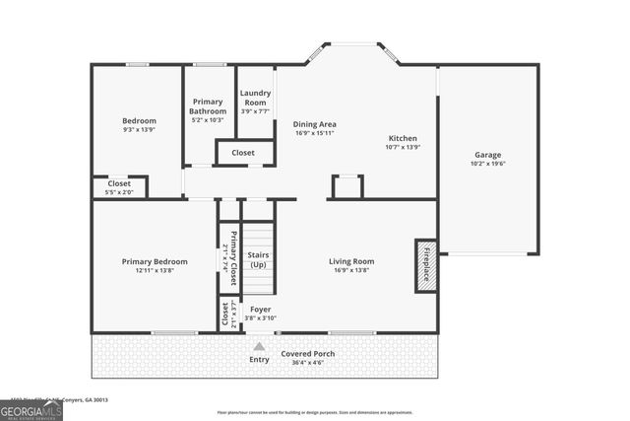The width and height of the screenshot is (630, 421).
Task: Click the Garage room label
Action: point(487,155)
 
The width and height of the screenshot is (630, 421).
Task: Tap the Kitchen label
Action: point(404,138)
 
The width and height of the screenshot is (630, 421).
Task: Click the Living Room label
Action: point(351,261)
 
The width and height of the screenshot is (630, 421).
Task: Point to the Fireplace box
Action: point(426,263)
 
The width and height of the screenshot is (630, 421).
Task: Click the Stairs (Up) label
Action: point(258,259)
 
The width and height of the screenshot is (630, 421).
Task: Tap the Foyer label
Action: point(260,309)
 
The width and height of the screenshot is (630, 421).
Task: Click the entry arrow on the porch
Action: point(259,346)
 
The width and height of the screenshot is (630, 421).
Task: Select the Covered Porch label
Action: point(308,353)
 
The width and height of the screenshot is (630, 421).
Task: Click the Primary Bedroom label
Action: point(155,261)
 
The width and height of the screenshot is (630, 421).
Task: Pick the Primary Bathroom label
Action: point(208,106)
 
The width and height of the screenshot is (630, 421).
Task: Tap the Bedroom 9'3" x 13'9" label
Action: point(140,122)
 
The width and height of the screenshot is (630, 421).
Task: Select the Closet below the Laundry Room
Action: point(243,153)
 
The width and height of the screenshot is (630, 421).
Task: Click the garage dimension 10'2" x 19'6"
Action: point(487,165)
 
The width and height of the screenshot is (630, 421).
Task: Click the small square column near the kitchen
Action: point(347,186)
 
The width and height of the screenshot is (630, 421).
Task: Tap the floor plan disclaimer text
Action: point(314,412)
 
